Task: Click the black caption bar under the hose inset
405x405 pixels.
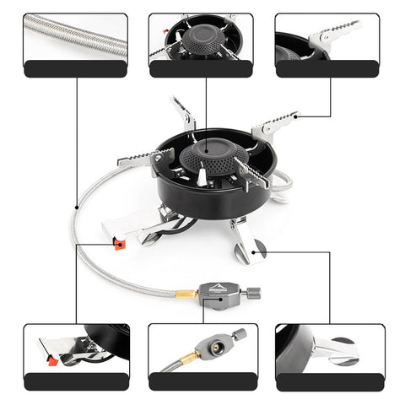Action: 75,69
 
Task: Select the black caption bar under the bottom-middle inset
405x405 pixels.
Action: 201,381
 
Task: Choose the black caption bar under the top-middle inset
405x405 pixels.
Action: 201,69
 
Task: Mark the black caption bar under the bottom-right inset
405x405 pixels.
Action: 330,381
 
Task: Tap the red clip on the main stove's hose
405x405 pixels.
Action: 119,244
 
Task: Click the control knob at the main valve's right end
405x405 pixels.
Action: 252,293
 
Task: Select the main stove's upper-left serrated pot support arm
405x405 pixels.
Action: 183,112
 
